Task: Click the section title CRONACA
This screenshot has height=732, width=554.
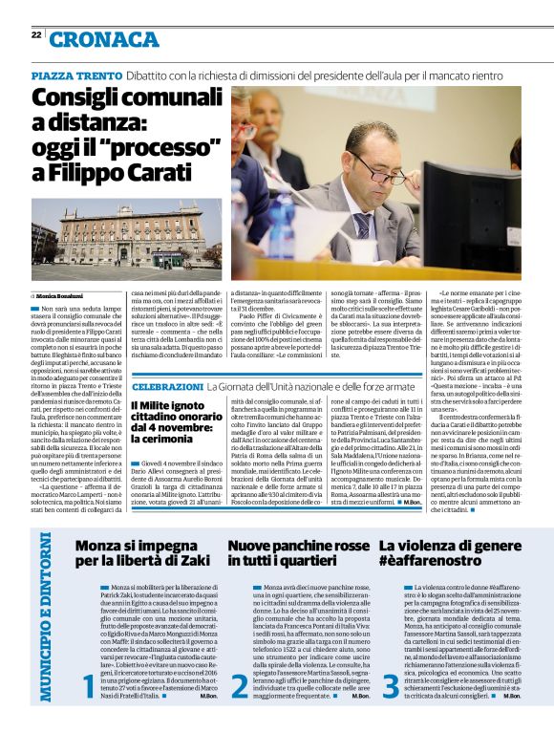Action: [x=106, y=38]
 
